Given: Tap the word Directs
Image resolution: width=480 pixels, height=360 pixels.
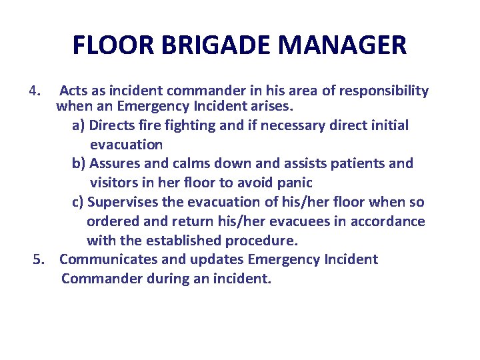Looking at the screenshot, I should (x=112, y=125).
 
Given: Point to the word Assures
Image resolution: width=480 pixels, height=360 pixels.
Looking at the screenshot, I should (x=115, y=163).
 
